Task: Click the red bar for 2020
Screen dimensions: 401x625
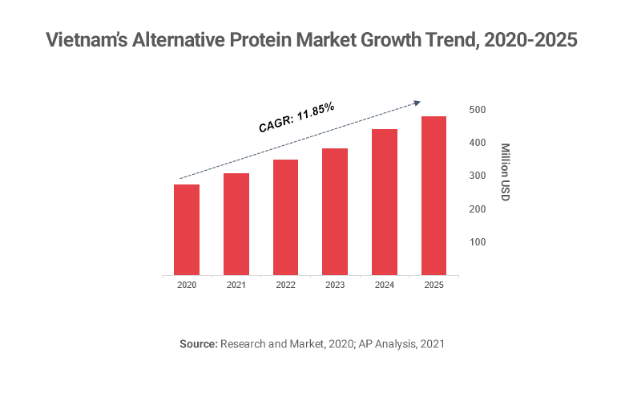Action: click(187, 229)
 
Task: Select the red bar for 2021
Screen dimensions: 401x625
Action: click(236, 224)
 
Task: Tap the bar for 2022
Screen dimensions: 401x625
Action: click(285, 217)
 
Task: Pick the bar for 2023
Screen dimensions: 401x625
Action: click(335, 212)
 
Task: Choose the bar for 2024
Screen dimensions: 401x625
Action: click(385, 202)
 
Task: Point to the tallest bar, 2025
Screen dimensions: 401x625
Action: click(433, 196)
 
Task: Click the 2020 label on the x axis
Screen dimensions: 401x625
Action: click(187, 285)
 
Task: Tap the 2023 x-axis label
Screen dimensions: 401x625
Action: click(335, 285)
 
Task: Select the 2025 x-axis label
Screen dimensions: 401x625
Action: click(433, 285)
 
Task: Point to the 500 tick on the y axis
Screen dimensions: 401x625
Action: click(477, 109)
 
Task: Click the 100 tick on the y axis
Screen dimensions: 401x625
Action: click(477, 242)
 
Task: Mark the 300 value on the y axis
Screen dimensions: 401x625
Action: click(477, 176)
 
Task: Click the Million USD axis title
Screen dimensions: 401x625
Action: click(505, 172)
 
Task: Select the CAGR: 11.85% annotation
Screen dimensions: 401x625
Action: click(296, 118)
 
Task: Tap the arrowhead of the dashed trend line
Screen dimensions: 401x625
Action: click(417, 102)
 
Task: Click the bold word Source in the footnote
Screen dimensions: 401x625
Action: click(198, 343)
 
